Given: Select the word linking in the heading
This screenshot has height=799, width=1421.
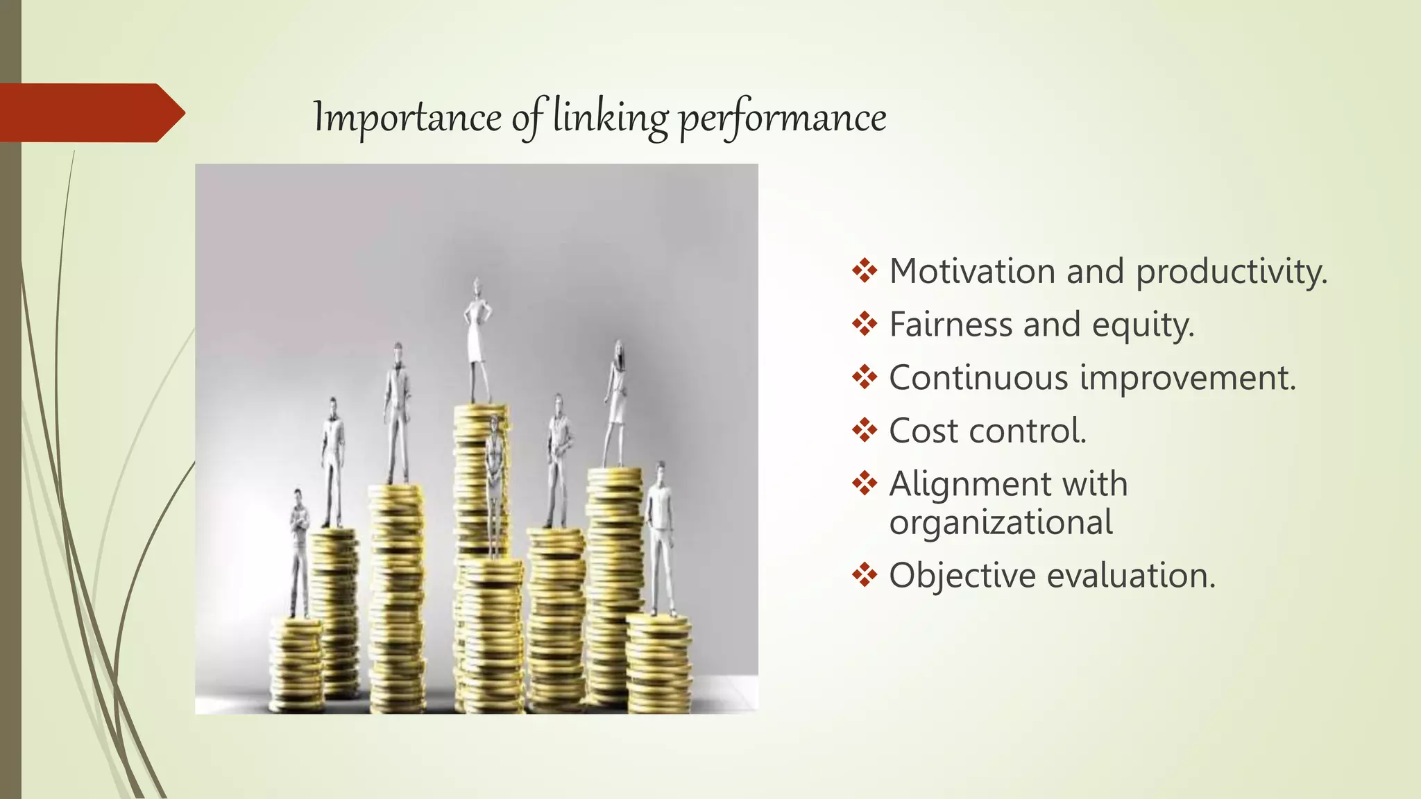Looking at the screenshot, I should (x=610, y=117).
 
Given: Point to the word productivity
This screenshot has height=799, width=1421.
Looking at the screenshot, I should (x=1231, y=272).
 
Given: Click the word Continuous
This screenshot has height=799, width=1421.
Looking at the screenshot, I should (x=978, y=378).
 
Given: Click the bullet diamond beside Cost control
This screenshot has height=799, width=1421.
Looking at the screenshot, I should (x=865, y=430).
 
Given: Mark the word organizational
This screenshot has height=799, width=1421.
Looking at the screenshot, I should (x=1001, y=522).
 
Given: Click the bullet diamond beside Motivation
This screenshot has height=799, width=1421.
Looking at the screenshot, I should (x=865, y=270).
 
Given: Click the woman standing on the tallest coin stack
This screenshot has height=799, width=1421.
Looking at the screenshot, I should (x=477, y=340).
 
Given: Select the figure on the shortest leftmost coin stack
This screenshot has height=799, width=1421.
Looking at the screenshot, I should (x=299, y=551).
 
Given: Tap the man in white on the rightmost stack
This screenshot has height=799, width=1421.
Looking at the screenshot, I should (x=661, y=538).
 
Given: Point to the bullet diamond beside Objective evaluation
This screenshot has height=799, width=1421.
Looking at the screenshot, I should (x=865, y=575).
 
